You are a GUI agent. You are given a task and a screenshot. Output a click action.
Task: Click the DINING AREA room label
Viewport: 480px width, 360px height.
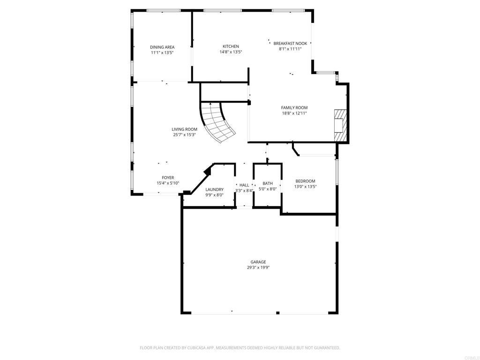pyautogui.click(x=162, y=47)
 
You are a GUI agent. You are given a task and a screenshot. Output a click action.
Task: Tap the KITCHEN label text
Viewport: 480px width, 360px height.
pyautogui.click(x=231, y=46)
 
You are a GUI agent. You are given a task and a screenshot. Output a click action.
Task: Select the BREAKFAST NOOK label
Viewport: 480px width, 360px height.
pyautogui.click(x=290, y=44)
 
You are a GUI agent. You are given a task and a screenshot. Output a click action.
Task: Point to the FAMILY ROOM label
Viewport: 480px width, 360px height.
pyautogui.click(x=294, y=108)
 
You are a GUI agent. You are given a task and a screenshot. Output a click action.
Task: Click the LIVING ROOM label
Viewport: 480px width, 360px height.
pyautogui.click(x=184, y=129)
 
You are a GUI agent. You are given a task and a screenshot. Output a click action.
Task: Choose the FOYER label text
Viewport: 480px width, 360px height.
pyautogui.click(x=168, y=178)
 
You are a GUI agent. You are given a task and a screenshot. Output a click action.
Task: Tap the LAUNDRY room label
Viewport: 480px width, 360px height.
pyautogui.click(x=215, y=189)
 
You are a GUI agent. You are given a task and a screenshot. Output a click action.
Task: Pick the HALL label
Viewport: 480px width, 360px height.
pyautogui.click(x=244, y=185)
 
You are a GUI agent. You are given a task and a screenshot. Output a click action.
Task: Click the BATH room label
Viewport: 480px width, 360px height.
pyautogui.click(x=268, y=183)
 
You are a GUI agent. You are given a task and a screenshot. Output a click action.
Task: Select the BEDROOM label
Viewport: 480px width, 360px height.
pyautogui.click(x=305, y=181)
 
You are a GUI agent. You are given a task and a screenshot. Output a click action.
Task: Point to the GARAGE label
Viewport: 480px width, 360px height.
pyautogui.click(x=258, y=262)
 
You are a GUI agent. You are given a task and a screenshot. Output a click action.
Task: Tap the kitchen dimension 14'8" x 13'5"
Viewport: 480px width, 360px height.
pyautogui.click(x=231, y=52)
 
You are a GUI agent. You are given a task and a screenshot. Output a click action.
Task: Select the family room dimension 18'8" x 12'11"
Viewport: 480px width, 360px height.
pyautogui.click(x=294, y=113)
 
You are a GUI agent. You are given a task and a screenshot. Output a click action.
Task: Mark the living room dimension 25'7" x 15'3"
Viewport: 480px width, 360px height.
pyautogui.click(x=184, y=135)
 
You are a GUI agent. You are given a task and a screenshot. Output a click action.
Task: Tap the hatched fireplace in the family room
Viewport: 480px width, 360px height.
pyautogui.click(x=340, y=125)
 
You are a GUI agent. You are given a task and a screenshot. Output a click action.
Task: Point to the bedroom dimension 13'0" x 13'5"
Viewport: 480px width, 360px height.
pyautogui.click(x=305, y=187)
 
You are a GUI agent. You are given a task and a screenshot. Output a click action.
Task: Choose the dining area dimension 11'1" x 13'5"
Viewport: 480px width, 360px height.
pyautogui.click(x=162, y=52)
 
